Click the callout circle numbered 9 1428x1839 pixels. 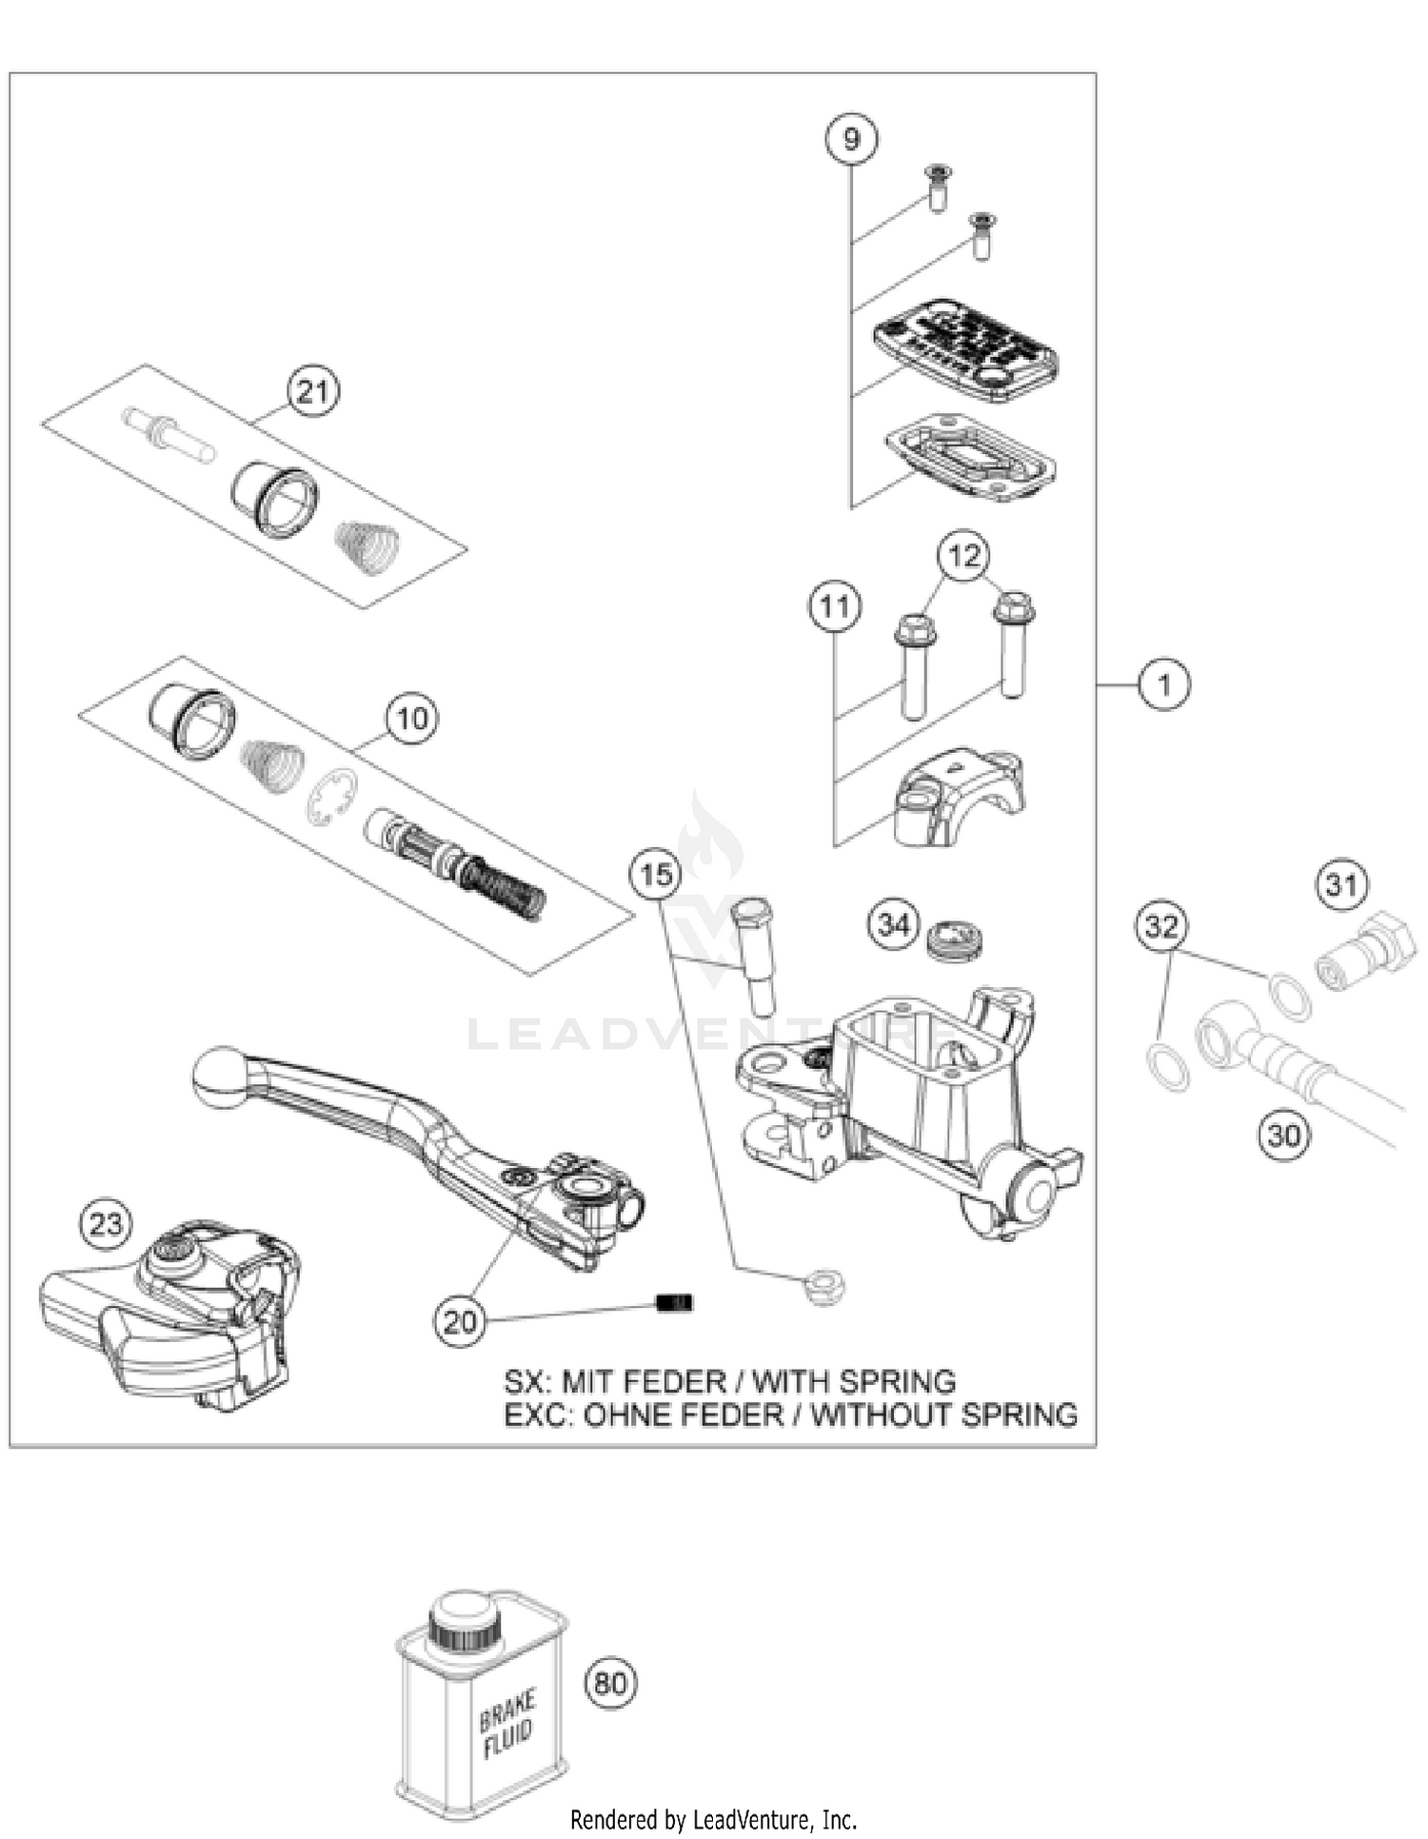(x=851, y=139)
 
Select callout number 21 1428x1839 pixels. (x=313, y=391)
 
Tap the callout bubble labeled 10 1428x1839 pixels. (x=412, y=718)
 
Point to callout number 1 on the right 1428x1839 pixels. (x=1164, y=683)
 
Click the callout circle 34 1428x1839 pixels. (x=893, y=923)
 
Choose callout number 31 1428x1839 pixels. (x=1342, y=885)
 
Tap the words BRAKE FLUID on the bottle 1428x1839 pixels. (x=507, y=1725)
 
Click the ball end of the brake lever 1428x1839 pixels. (x=218, y=1077)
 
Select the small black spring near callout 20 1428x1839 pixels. (x=676, y=1302)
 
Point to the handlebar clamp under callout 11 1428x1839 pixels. (x=957, y=797)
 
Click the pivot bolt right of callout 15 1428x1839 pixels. (x=754, y=952)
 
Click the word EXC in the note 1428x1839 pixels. (x=534, y=1414)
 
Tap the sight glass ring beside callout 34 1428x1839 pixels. (x=955, y=937)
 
